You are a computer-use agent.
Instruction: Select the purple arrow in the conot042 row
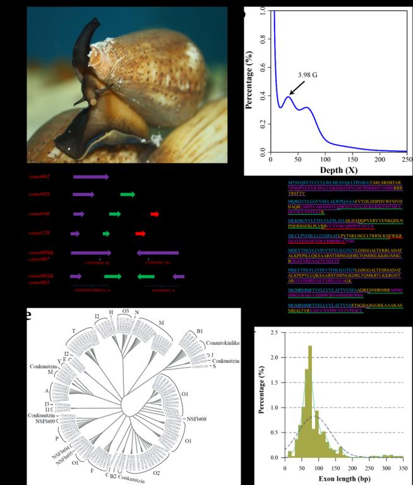[91, 177]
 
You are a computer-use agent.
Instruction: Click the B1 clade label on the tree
[200, 330]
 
